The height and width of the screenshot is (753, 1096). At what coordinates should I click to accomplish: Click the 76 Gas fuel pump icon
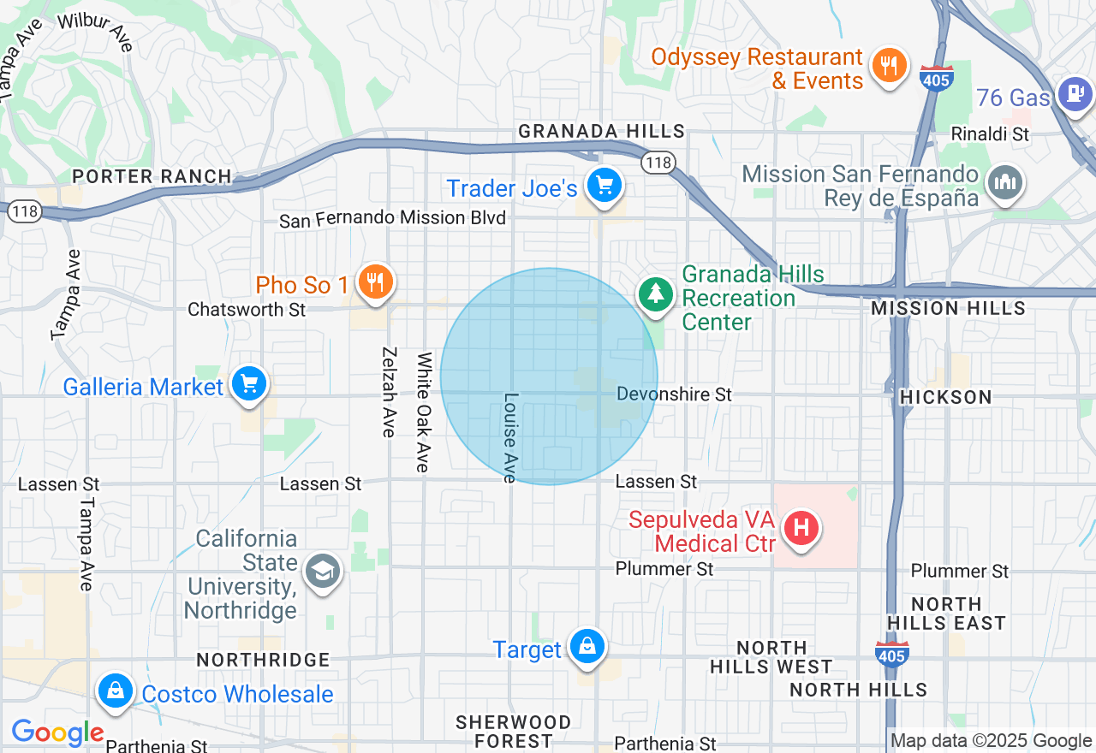[x=1075, y=92]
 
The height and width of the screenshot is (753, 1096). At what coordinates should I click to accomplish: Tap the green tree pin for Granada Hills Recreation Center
[x=655, y=293]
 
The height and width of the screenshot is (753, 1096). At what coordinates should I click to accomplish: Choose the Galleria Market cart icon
[x=249, y=383]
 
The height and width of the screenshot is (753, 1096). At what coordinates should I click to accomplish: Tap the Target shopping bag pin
[x=587, y=646]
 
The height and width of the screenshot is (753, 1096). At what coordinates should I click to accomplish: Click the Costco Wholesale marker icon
[x=115, y=690]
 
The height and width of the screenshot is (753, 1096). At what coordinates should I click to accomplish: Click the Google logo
[x=57, y=732]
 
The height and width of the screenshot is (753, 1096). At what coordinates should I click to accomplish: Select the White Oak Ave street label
[x=423, y=412]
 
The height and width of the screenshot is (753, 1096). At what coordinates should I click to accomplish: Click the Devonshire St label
[x=675, y=394]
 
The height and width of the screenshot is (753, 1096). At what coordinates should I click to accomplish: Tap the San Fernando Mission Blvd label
[x=393, y=219]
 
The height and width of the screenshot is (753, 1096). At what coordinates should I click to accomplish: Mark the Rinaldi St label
[x=991, y=134]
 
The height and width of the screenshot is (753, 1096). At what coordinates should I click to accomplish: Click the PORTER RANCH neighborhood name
[x=152, y=176]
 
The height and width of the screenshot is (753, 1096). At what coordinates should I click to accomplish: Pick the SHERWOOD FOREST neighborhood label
[x=513, y=732]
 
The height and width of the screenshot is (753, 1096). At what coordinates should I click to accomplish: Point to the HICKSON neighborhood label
[x=946, y=397]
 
